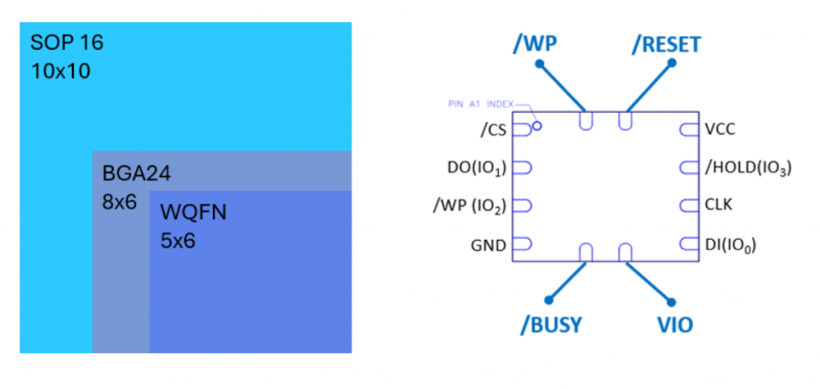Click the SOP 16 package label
click(67, 43)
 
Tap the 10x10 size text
click(61, 71)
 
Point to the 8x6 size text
click(120, 202)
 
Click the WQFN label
click(193, 213)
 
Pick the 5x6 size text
click(179, 241)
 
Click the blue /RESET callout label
click(665, 44)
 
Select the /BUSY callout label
click(550, 325)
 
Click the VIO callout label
click(673, 325)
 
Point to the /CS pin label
click(492, 128)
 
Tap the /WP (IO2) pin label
click(468, 206)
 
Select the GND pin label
click(488, 245)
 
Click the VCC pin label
click(720, 128)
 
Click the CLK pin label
click(718, 206)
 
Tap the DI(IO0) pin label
click(731, 245)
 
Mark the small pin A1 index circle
click(537, 126)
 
